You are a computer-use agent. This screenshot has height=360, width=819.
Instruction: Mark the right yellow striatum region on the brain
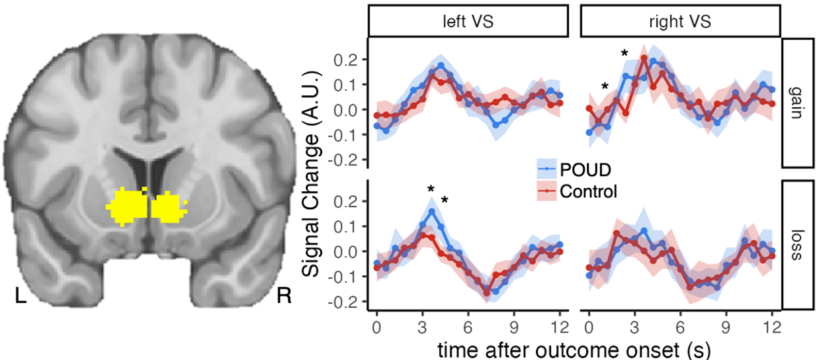point(168,205)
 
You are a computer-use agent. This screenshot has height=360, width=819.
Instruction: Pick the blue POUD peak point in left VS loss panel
point(432,212)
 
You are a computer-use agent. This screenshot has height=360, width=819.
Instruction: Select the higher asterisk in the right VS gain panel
point(623,54)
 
